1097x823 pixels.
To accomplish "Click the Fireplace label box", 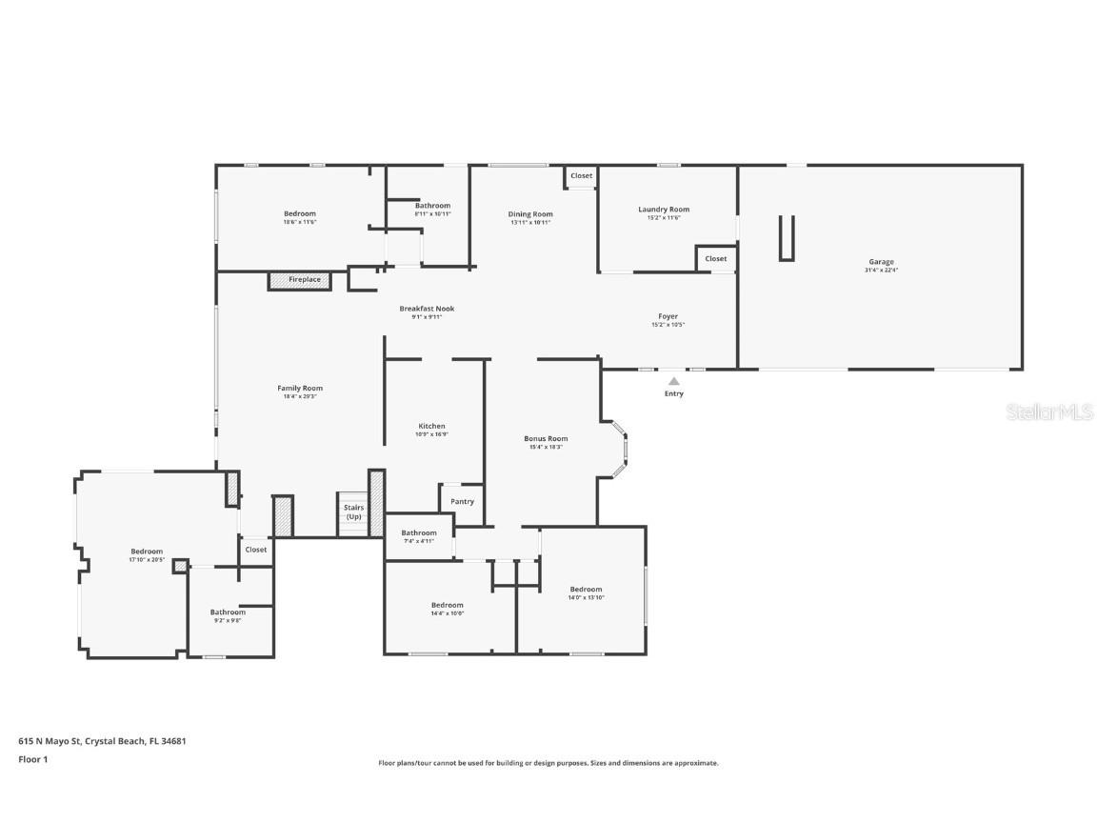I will (304, 280).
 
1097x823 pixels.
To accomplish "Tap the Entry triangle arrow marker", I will (673, 381).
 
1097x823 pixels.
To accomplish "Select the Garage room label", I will (881, 262).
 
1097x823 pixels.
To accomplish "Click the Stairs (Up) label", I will (353, 512).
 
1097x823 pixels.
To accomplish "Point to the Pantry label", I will (462, 502).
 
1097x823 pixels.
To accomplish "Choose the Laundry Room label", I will (664, 210).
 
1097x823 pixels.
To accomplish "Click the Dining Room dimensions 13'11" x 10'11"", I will (530, 222).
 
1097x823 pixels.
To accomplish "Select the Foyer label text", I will (668, 316).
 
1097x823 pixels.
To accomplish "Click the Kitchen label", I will (431, 426).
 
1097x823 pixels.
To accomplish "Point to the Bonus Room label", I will (546, 439).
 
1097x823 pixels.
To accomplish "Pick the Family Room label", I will (300, 388).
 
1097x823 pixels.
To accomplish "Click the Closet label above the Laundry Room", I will (581, 176).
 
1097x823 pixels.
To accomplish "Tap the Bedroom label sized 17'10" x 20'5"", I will (147, 552).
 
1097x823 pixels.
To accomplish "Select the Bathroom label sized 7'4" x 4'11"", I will (418, 533).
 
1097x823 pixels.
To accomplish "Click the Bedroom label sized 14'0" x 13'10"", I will (586, 590).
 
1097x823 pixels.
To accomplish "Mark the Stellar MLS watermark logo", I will (1050, 411).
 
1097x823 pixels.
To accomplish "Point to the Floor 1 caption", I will (32, 759).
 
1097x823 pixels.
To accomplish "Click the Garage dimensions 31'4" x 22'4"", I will (881, 271).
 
